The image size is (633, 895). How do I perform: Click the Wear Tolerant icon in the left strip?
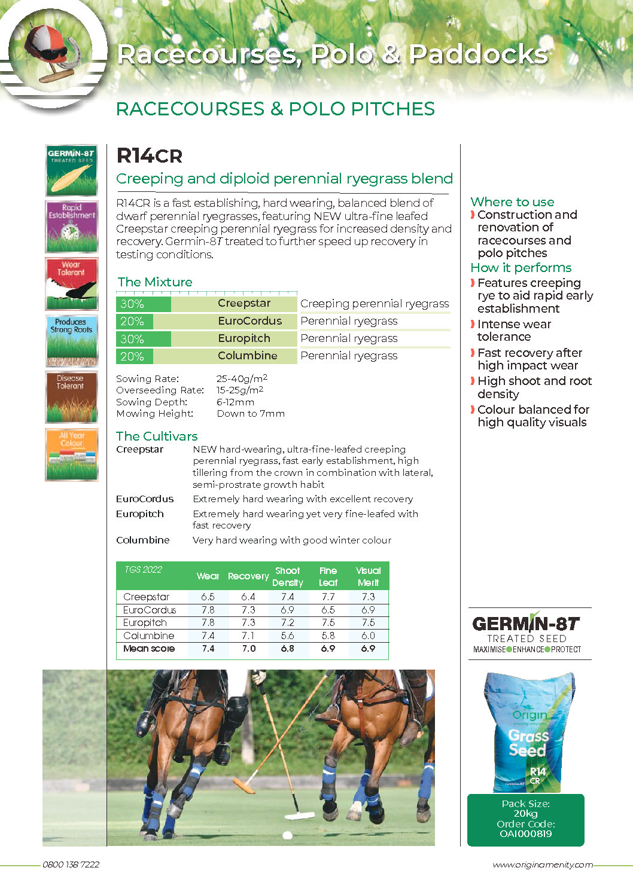coord(71,283)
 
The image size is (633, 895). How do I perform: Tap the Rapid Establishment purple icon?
coord(71,227)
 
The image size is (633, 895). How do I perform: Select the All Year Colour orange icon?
coord(71,454)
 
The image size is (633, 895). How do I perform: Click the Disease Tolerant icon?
coord(71,398)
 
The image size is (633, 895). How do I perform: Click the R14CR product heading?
coord(149,156)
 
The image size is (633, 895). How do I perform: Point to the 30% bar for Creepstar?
coord(144,304)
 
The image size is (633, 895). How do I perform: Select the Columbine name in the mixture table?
coord(247,356)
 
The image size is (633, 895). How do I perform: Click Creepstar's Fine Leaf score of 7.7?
coord(328,597)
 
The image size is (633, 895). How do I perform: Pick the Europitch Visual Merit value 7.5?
coord(368,622)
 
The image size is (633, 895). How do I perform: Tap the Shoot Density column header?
coord(288,576)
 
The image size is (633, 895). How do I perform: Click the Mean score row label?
coord(149,649)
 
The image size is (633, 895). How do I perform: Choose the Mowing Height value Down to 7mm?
coord(251,414)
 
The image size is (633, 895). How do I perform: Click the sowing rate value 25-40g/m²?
coord(242,378)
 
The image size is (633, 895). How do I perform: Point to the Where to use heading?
coord(512,202)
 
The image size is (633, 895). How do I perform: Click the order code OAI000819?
coord(525,834)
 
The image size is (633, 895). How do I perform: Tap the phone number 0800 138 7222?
coord(71,865)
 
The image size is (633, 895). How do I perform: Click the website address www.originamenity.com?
coord(543,865)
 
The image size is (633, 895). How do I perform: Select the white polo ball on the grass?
coord(287,835)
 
